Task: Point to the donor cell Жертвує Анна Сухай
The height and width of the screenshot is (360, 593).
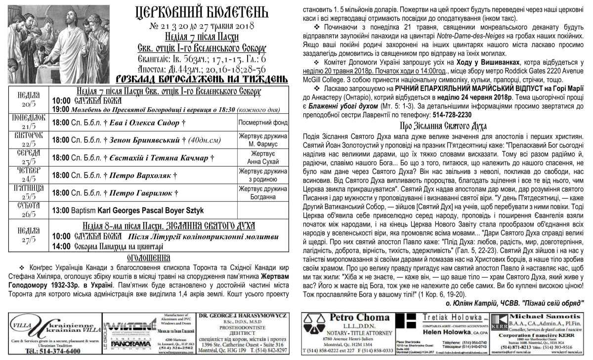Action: tap(262, 157)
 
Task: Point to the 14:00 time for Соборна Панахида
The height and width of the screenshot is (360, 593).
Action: tap(61, 246)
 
